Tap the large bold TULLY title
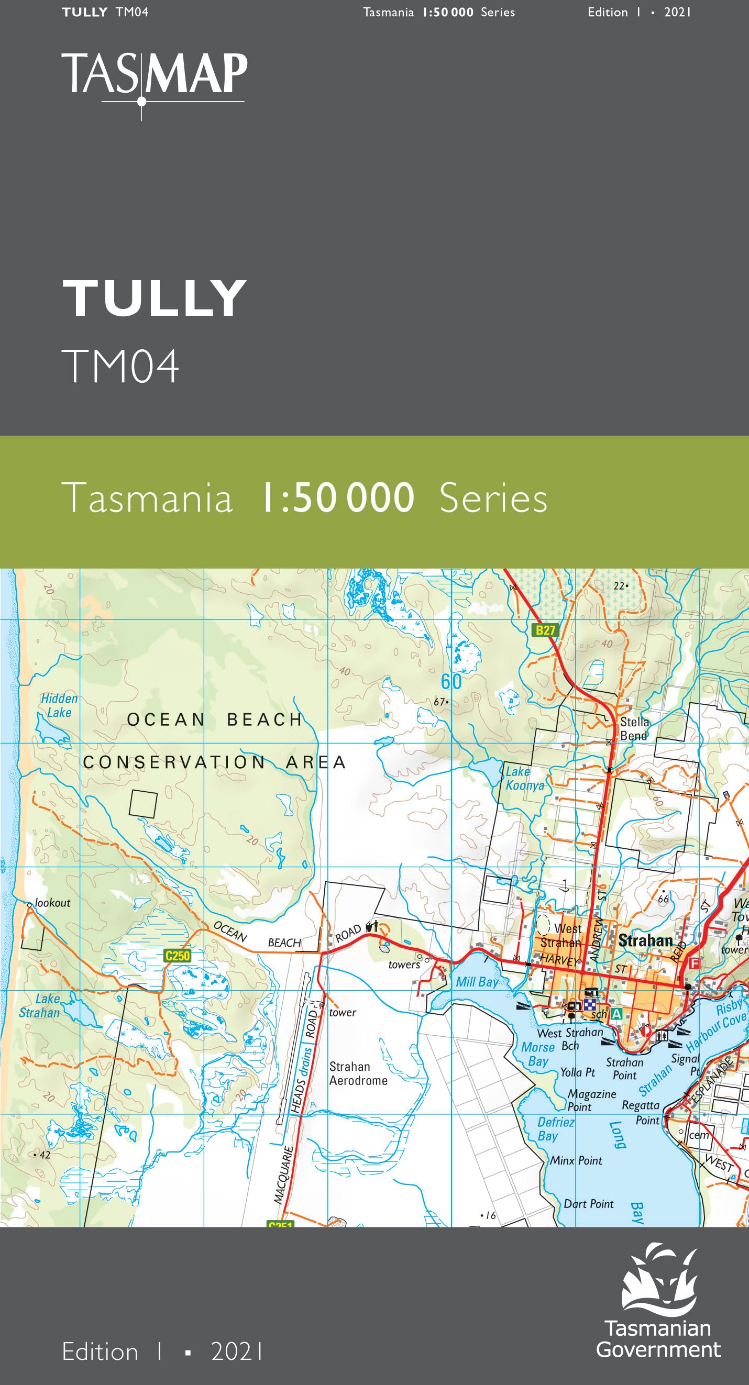coord(155,298)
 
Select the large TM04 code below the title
coord(120,366)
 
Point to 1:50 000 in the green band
coord(338,498)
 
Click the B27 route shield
coord(545,630)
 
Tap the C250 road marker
coord(178,956)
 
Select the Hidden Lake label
coord(59,705)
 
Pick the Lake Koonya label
coord(524,778)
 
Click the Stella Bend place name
coord(634,728)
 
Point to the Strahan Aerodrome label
coord(358,1073)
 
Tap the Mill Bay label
coord(477,982)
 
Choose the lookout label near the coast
coord(52,903)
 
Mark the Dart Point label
coord(588,1204)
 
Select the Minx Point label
coord(576,1160)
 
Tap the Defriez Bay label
coord(555,1128)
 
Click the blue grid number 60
coord(451,682)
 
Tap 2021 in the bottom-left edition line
coord(237,1351)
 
